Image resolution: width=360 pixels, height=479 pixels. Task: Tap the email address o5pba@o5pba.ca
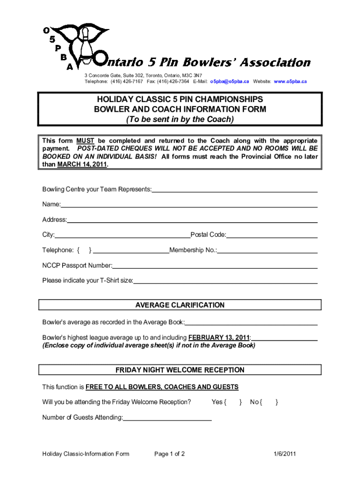coord(229,81)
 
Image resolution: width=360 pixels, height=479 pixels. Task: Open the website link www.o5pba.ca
coord(290,81)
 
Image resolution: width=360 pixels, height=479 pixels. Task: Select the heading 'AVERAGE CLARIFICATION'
coord(180,305)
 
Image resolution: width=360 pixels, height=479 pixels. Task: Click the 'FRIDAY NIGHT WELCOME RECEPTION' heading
coord(180,370)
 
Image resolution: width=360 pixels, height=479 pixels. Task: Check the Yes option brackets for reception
coord(233,402)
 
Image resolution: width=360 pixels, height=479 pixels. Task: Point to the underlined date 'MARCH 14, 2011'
coord(82,165)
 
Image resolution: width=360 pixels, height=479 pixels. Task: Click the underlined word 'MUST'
coord(86,141)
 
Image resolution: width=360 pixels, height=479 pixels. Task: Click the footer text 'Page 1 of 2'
coord(169,454)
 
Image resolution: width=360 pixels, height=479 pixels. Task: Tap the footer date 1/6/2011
coord(285,454)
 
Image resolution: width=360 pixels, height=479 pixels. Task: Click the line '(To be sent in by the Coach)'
coord(180,119)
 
